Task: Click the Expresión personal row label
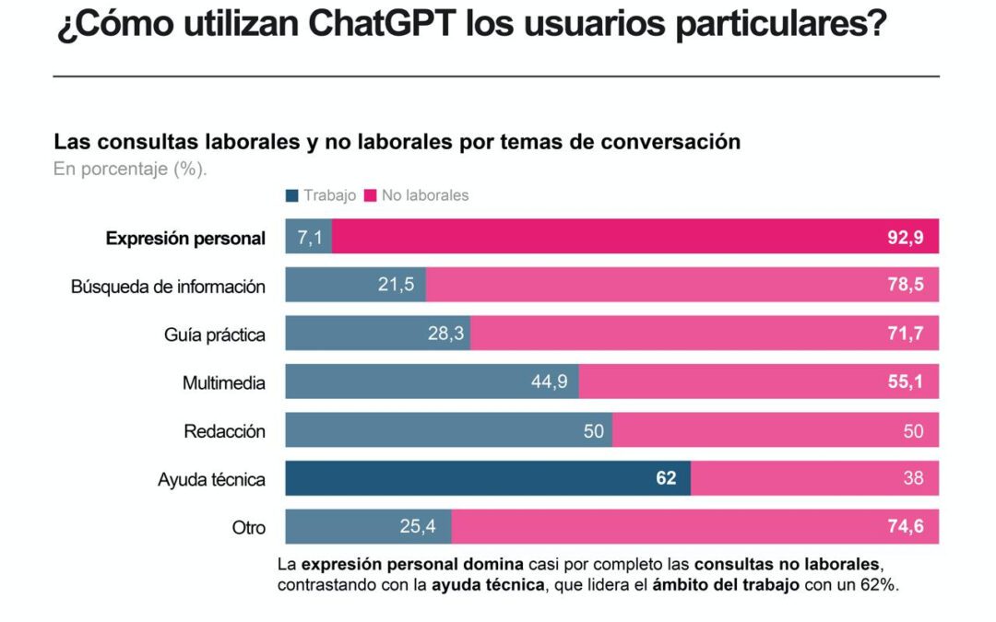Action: pyautogui.click(x=185, y=239)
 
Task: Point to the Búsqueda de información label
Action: pyautogui.click(x=168, y=287)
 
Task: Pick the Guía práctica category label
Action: pyautogui.click(x=215, y=334)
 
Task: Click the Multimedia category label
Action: pyautogui.click(x=223, y=382)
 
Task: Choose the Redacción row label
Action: pyautogui.click(x=224, y=431)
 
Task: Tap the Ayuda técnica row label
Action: pyautogui.click(x=211, y=479)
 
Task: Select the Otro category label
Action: pyautogui.click(x=248, y=528)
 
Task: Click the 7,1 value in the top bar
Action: pyautogui.click(x=309, y=239)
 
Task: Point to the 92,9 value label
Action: pyautogui.click(x=906, y=239)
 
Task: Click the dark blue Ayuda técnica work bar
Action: pyautogui.click(x=461, y=479)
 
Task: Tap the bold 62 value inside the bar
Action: pyautogui.click(x=666, y=479)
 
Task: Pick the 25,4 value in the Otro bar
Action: pyautogui.click(x=421, y=528)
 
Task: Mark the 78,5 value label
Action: pyautogui.click(x=906, y=287)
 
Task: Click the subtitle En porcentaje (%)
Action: pyautogui.click(x=130, y=169)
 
